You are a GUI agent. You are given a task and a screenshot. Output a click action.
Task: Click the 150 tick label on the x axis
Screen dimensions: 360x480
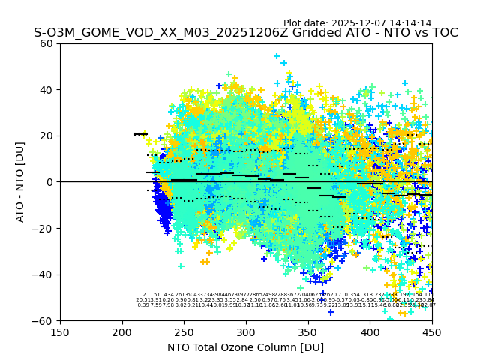(60, 332)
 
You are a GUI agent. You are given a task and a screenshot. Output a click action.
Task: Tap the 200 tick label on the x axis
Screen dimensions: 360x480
(122, 332)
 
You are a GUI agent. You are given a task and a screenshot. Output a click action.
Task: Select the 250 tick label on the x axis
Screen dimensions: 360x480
(184, 332)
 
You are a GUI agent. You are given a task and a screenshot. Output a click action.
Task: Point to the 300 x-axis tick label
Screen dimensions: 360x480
(246, 332)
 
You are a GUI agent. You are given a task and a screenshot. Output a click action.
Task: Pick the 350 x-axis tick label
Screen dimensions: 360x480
(308, 332)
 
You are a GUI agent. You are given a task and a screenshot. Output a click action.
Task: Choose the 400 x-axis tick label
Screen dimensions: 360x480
(370, 332)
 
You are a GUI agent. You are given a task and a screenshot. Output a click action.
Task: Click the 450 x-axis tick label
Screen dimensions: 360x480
(432, 332)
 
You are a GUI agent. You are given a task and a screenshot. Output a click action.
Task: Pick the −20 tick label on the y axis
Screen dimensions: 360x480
(45, 228)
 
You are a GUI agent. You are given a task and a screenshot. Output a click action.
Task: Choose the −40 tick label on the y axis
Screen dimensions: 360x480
(45, 274)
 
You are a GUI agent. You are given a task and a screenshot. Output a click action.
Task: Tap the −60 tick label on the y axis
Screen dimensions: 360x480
(45, 320)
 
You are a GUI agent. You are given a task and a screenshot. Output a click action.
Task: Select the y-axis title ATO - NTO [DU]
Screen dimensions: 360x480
(21, 182)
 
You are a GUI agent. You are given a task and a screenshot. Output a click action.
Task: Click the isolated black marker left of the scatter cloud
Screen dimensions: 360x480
(140, 134)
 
